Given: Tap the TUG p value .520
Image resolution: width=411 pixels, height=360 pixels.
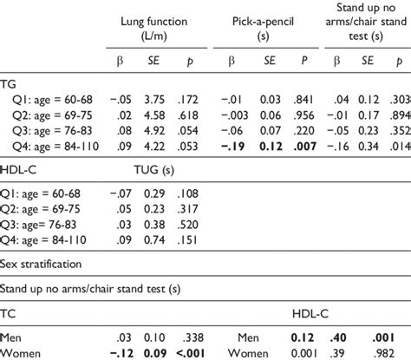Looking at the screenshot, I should click(202, 224).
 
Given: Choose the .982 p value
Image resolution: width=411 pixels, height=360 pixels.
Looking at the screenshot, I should click(385, 352).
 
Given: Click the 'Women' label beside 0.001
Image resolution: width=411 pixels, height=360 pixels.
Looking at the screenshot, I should click(251, 352).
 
